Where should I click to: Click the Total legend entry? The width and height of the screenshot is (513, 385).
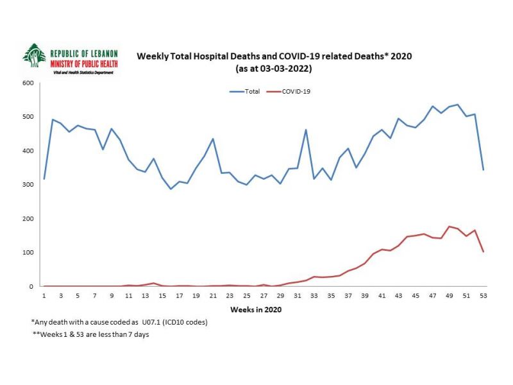(245, 92)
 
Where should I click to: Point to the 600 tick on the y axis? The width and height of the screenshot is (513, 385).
(28, 83)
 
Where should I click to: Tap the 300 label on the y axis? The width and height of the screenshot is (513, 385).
(28, 185)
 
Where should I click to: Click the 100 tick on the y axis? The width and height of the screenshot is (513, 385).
(28, 253)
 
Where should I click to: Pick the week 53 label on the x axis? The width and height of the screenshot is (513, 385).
(482, 296)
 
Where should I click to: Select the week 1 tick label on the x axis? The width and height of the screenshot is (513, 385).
(44, 296)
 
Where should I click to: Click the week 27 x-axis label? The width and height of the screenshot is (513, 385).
(263, 296)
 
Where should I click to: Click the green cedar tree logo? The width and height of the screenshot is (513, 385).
(34, 56)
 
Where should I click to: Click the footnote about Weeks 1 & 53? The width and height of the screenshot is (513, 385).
(90, 335)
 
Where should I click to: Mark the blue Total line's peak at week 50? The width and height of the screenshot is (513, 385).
(457, 105)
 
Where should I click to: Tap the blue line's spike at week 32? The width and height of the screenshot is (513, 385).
(305, 130)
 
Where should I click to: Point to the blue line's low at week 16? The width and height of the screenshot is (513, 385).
(171, 189)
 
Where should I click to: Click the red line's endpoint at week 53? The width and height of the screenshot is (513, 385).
(482, 252)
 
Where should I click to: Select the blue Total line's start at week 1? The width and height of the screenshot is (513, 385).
(44, 178)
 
